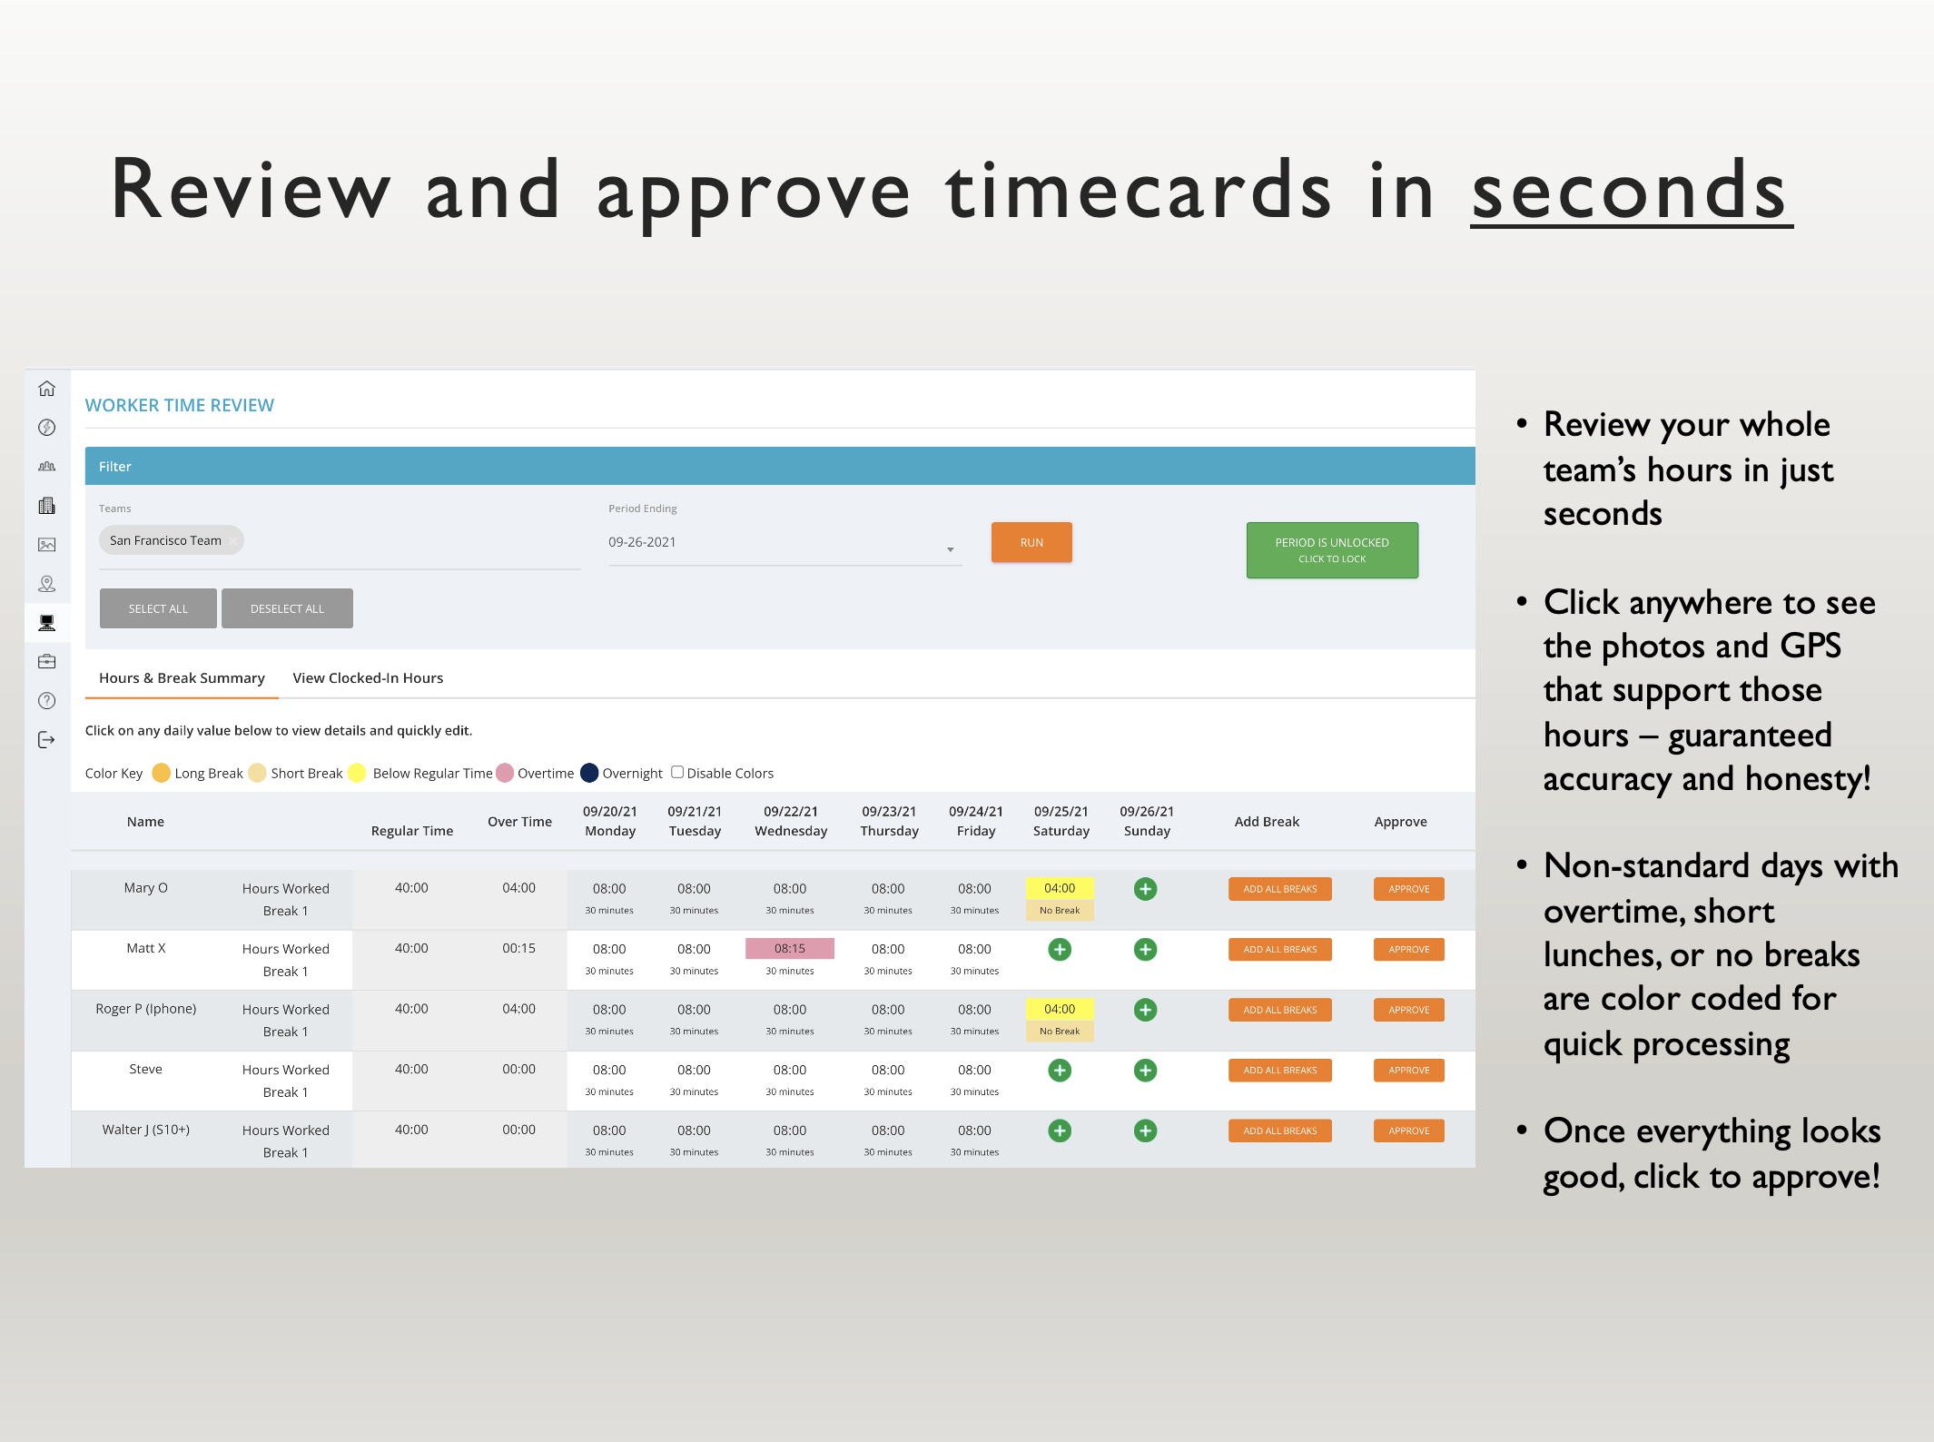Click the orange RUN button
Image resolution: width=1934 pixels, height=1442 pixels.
pos(1031,542)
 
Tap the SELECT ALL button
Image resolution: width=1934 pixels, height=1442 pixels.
pos(158,608)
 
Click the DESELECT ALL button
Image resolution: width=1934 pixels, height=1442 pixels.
pos(287,608)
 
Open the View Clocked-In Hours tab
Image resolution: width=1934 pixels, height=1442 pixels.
pos(368,678)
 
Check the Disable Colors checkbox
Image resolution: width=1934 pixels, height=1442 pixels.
pos(676,773)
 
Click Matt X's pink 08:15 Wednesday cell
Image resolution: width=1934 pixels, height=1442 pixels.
pos(789,948)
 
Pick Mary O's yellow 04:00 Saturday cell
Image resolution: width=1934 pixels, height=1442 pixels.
pos(1060,888)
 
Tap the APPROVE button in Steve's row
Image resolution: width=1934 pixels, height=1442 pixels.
pos(1408,1070)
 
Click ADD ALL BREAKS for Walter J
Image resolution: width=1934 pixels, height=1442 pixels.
pos(1279,1131)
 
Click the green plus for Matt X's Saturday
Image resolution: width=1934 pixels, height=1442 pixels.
pos(1060,949)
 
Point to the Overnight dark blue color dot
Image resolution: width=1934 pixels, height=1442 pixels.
pos(589,773)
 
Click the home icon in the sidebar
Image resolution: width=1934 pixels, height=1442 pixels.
pos(47,389)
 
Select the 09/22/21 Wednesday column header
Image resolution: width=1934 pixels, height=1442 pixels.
pos(791,821)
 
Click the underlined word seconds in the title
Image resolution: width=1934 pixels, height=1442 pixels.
pos(1631,191)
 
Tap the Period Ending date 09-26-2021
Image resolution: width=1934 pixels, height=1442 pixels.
pos(642,542)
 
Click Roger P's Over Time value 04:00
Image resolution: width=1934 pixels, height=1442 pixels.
pos(518,1009)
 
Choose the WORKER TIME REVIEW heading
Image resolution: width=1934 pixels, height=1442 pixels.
pos(180,405)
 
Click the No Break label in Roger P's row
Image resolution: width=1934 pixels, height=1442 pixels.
pos(1060,1032)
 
